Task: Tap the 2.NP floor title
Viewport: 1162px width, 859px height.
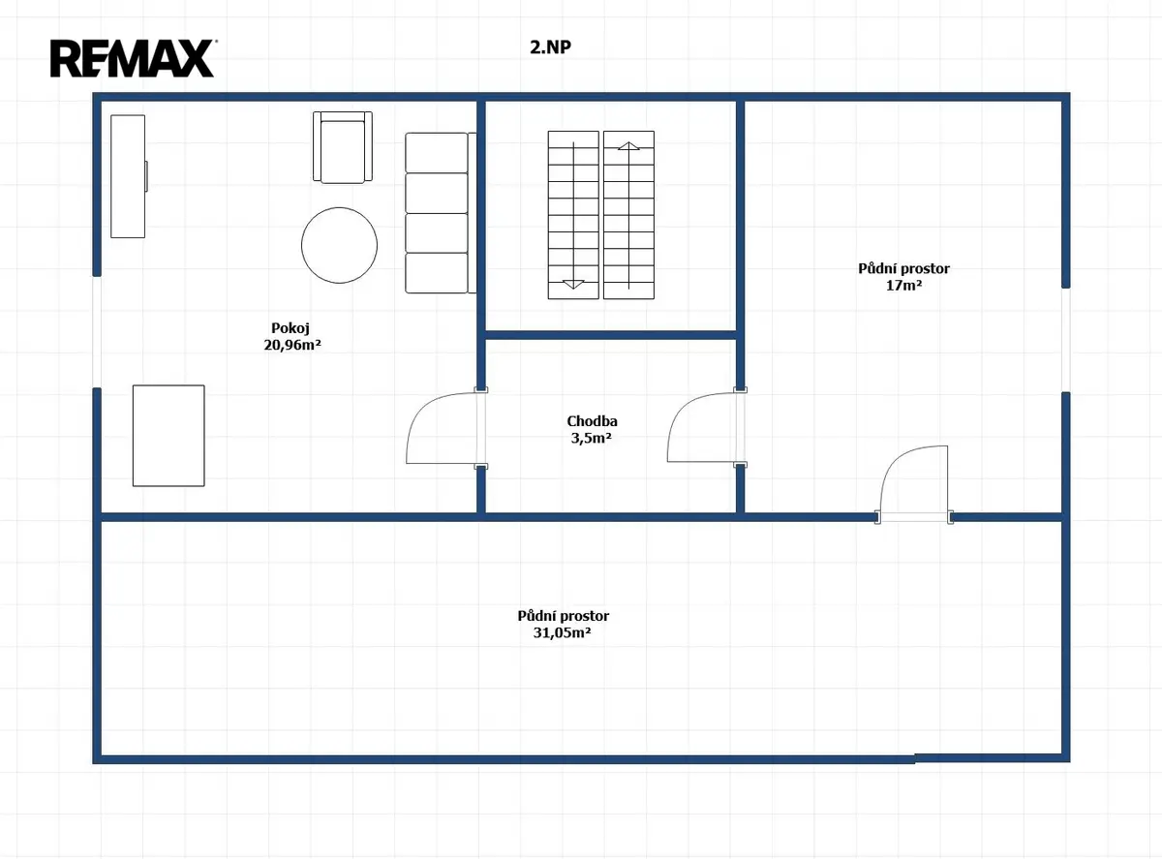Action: [x=550, y=47]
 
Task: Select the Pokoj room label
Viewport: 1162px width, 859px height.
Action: [x=290, y=328]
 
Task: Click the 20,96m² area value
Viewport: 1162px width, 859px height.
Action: [x=292, y=345]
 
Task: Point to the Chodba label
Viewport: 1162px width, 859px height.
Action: [x=592, y=421]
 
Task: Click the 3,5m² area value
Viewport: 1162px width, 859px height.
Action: [x=592, y=438]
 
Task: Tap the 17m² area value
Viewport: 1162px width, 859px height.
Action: [x=903, y=285]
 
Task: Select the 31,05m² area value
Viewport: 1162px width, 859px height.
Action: [x=563, y=632]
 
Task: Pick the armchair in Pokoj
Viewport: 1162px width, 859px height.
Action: [x=343, y=147]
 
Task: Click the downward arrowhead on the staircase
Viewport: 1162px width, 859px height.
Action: [x=573, y=285]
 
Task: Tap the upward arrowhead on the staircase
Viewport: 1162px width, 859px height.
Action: [x=628, y=145]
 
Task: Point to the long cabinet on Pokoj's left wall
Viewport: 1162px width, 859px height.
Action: [x=129, y=176]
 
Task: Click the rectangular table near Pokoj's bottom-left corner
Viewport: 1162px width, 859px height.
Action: [x=168, y=436]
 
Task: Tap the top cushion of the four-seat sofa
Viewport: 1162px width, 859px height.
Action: [x=437, y=152]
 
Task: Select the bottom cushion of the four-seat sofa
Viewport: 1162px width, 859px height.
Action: [x=437, y=273]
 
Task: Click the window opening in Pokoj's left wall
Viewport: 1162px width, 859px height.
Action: [x=97, y=332]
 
